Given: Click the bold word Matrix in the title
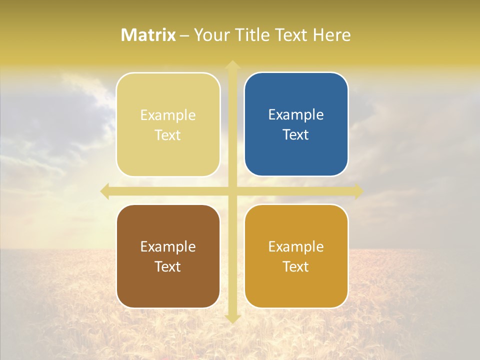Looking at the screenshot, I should coord(148,35).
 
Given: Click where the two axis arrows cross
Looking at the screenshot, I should coord(232,191).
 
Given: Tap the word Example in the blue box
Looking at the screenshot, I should coord(296,115).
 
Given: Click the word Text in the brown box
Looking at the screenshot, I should coord(168,266).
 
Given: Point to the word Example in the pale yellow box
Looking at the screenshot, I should coord(168,115).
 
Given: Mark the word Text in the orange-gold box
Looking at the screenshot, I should coord(296,266).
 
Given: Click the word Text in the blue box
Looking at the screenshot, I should coord(296,134).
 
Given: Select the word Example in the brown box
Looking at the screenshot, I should coord(168,246).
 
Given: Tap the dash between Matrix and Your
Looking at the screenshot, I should coord(184,36).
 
